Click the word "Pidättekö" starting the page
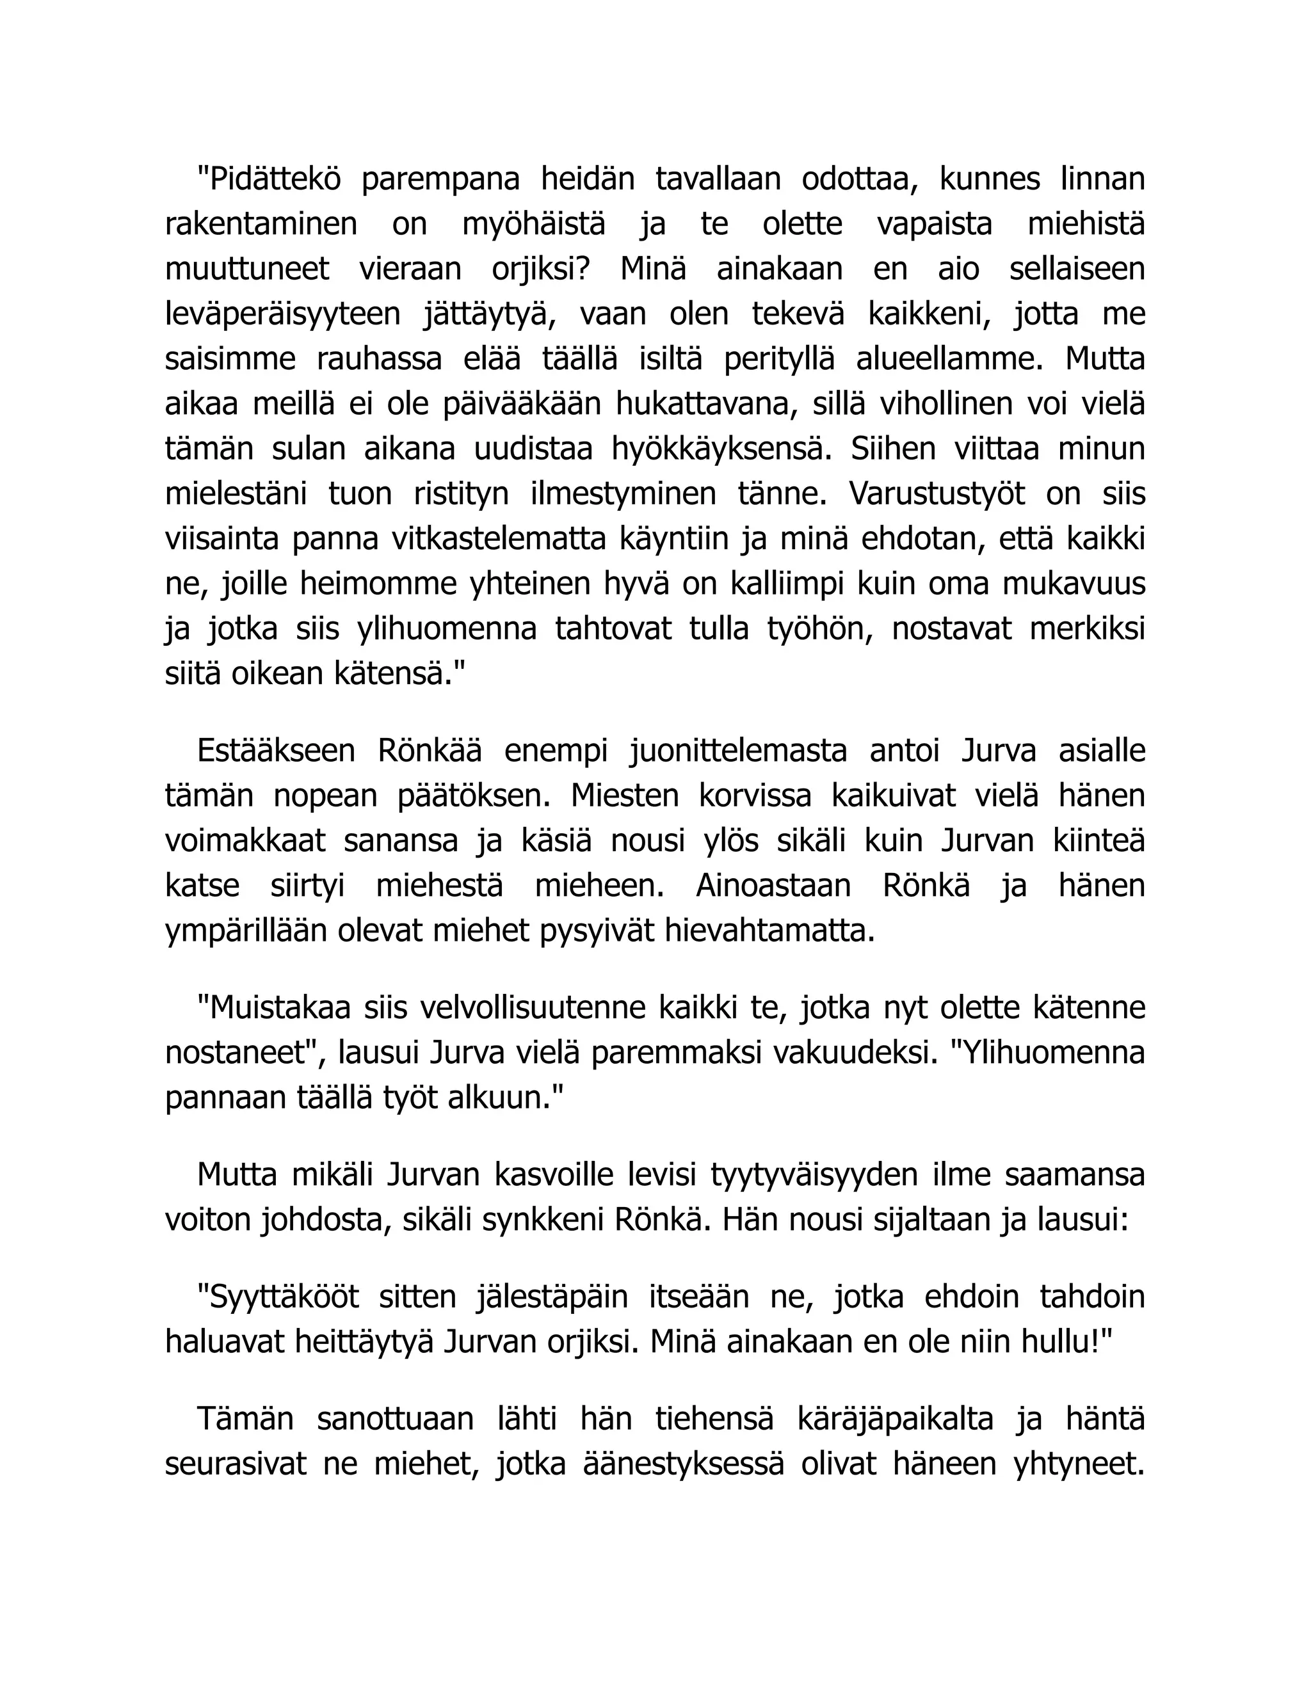click(269, 179)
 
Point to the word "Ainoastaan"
click(773, 886)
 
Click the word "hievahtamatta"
click(769, 931)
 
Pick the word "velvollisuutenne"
click(529, 1008)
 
